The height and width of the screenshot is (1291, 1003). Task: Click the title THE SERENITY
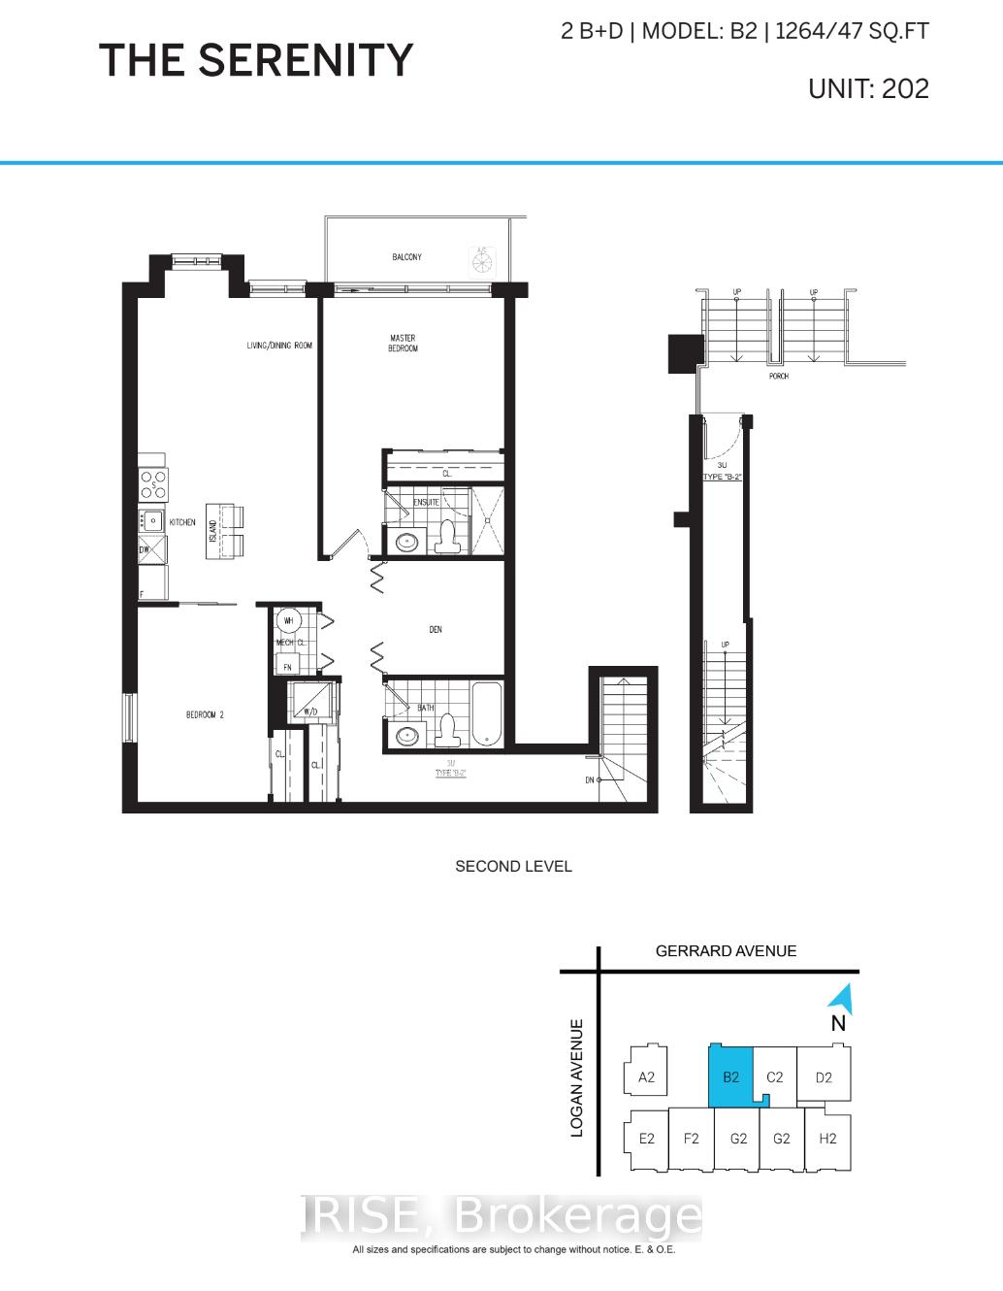(256, 60)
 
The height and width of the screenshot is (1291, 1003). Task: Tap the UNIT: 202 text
(868, 88)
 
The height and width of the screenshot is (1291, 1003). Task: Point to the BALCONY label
(406, 257)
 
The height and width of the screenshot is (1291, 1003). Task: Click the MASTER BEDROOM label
(403, 344)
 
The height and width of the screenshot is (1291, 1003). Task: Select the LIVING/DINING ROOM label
(279, 346)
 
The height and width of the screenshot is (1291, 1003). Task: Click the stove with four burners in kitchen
(154, 482)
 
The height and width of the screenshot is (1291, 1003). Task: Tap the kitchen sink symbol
(151, 520)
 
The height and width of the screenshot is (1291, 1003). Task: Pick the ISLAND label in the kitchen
(213, 531)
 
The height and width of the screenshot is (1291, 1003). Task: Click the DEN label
(436, 630)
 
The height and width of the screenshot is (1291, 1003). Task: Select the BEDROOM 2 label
(205, 715)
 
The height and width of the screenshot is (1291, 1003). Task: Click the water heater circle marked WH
(288, 620)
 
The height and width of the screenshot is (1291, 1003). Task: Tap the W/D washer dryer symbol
(310, 702)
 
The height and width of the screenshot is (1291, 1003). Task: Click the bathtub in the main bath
(485, 714)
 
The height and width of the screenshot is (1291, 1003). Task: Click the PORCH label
(778, 376)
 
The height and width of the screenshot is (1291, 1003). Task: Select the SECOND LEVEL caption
(513, 866)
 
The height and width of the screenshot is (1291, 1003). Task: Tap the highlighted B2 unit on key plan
(730, 1076)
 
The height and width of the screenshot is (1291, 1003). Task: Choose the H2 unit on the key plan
(826, 1139)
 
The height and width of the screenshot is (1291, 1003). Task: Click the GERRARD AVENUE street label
(726, 951)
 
